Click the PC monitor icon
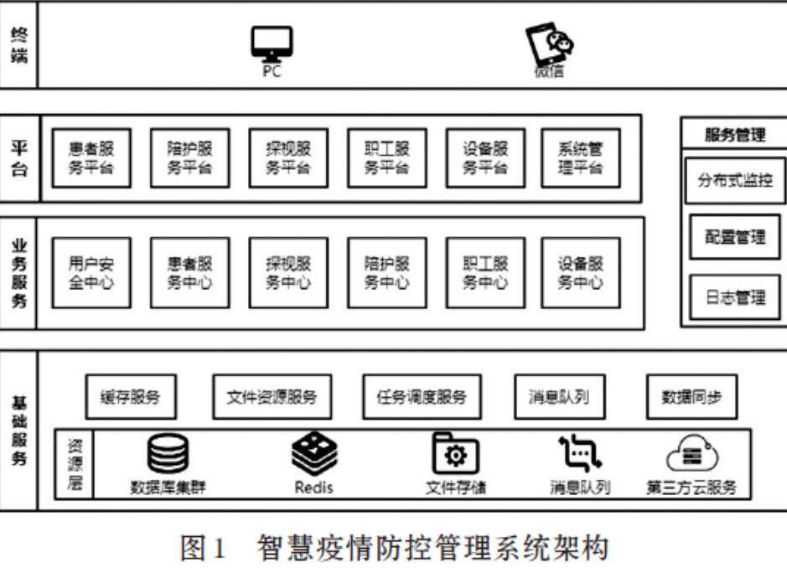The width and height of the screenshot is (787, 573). (x=272, y=43)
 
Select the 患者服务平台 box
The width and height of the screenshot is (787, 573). (x=91, y=157)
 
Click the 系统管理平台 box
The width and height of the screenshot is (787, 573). (x=580, y=157)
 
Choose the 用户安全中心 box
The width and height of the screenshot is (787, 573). (x=91, y=272)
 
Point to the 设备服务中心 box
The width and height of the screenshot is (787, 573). (x=580, y=272)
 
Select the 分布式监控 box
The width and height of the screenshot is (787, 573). (x=734, y=179)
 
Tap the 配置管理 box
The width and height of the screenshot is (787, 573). (x=734, y=238)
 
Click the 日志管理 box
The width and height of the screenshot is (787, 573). (x=734, y=297)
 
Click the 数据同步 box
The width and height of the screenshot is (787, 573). (x=691, y=396)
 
